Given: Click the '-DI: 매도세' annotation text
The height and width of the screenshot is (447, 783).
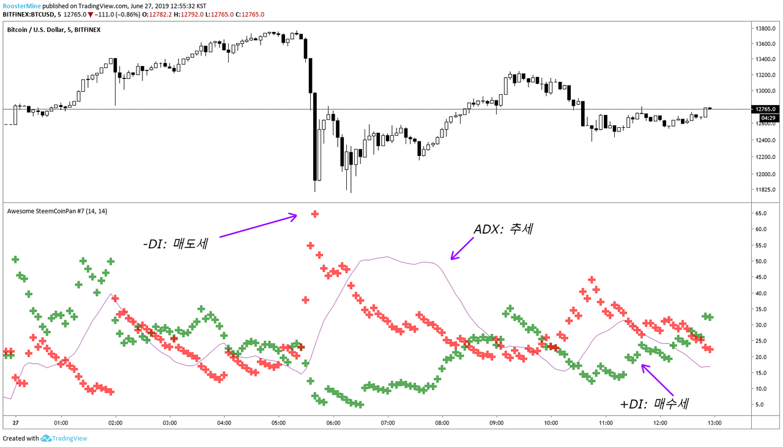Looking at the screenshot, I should [176, 243].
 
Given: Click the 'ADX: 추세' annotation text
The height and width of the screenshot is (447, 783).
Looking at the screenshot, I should [503, 229].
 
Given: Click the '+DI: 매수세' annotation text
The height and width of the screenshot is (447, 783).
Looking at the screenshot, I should [655, 404].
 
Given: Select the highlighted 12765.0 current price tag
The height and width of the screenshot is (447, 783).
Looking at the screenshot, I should [767, 109].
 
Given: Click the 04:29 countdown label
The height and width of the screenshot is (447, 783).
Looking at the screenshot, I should [767, 117].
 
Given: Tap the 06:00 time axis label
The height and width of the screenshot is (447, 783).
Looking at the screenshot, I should [333, 423].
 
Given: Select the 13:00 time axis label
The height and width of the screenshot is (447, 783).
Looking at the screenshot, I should [714, 423].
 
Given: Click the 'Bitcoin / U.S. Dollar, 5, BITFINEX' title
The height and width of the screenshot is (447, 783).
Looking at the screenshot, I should [54, 29].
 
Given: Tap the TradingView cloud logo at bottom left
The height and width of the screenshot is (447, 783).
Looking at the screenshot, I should [46, 438].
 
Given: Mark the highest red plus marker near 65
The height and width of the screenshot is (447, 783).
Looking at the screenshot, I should [315, 214].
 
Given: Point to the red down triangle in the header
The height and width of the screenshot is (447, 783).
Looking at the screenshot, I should [91, 15].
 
